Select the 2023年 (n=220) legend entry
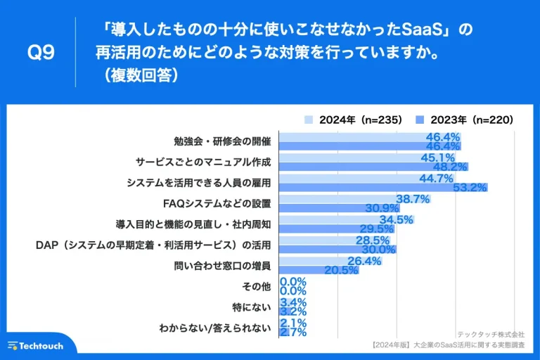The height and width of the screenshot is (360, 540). pyautogui.click(x=463, y=120)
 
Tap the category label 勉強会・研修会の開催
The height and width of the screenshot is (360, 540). pyautogui.click(x=222, y=141)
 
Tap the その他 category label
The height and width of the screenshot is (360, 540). pyautogui.click(x=257, y=286)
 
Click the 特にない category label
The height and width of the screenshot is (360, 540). pyautogui.click(x=252, y=307)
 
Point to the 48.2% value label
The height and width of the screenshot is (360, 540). pyautogui.click(x=450, y=167)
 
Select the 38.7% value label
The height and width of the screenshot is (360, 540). pyautogui.click(x=413, y=199)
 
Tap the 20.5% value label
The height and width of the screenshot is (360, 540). pyautogui.click(x=340, y=271)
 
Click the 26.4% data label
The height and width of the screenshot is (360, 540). pyautogui.click(x=364, y=261)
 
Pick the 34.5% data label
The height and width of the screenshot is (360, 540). pyautogui.click(x=397, y=219)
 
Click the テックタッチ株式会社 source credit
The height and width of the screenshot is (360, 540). pyautogui.click(x=491, y=335)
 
